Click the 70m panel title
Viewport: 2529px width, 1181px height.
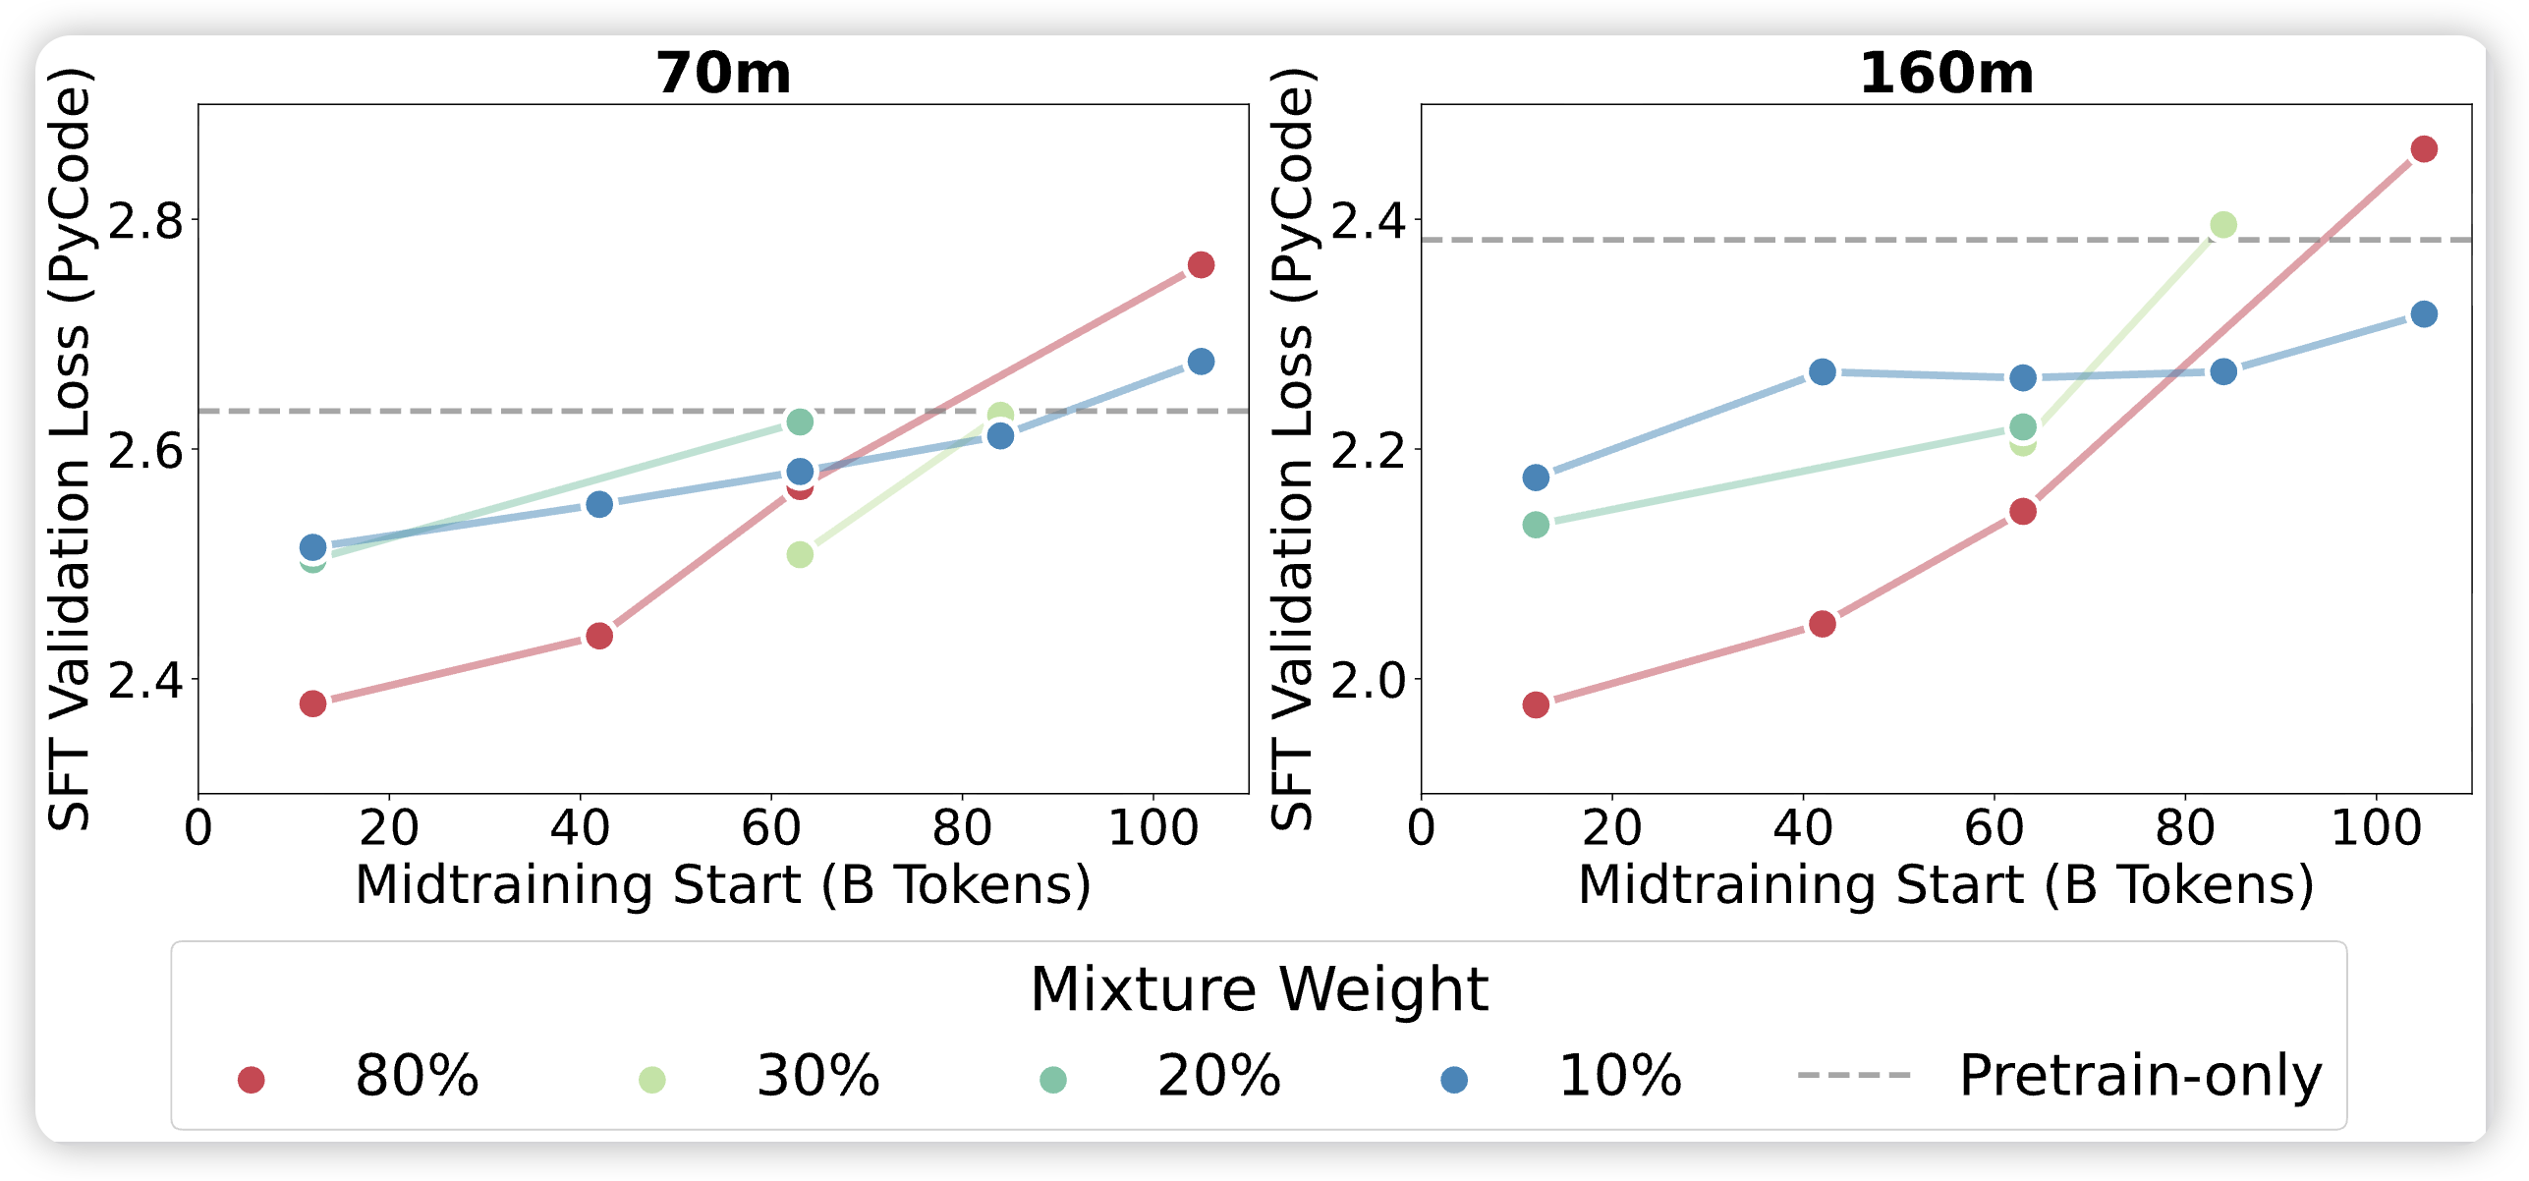[723, 74]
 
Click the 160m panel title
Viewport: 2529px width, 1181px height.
[1945, 74]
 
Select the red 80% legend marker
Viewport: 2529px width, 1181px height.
[252, 1080]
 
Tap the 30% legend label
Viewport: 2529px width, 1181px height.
[817, 1076]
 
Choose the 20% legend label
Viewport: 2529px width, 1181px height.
[1218, 1076]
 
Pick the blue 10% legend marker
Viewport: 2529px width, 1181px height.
[1453, 1080]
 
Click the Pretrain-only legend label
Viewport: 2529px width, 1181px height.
[2140, 1076]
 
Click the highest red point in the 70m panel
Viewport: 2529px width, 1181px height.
[1201, 264]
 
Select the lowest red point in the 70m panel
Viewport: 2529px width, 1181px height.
[312, 703]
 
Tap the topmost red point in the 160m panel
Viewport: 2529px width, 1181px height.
[2424, 149]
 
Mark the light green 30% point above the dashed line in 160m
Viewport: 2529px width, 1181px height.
[2223, 225]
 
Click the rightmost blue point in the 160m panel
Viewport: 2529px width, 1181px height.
[2424, 314]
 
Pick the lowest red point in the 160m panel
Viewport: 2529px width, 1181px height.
[1536, 704]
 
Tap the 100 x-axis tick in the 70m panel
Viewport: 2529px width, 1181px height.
[1152, 829]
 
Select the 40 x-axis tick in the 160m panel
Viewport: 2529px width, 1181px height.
[1803, 829]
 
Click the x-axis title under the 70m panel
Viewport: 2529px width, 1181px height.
[723, 885]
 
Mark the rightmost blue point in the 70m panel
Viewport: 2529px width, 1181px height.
[1201, 362]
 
